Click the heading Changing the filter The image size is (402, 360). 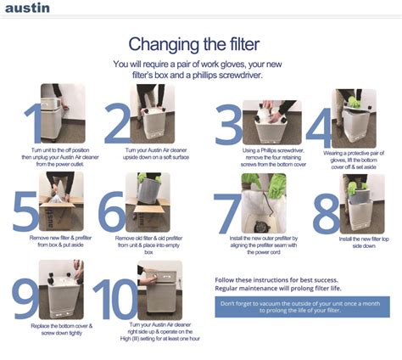click(x=200, y=43)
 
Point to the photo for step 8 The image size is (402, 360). click(x=362, y=204)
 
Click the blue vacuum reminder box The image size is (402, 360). click(x=302, y=307)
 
